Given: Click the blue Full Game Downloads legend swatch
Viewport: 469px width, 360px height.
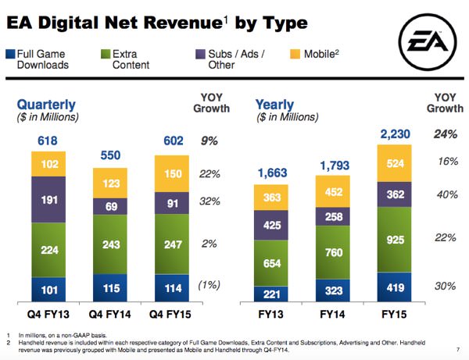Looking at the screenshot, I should pyautogui.click(x=9, y=54).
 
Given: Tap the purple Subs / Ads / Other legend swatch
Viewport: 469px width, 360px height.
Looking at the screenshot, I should pyautogui.click(x=199, y=54).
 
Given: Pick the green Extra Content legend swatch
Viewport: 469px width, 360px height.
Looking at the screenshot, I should pyautogui.click(x=105, y=54).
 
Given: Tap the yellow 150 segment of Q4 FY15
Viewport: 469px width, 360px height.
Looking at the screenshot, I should pyautogui.click(x=174, y=173).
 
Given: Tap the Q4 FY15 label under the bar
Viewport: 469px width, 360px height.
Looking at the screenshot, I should pyautogui.click(x=174, y=315).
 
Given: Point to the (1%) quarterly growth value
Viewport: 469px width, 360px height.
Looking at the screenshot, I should pyautogui.click(x=208, y=287).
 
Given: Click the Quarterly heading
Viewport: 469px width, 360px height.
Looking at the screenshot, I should pyautogui.click(x=46, y=104).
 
